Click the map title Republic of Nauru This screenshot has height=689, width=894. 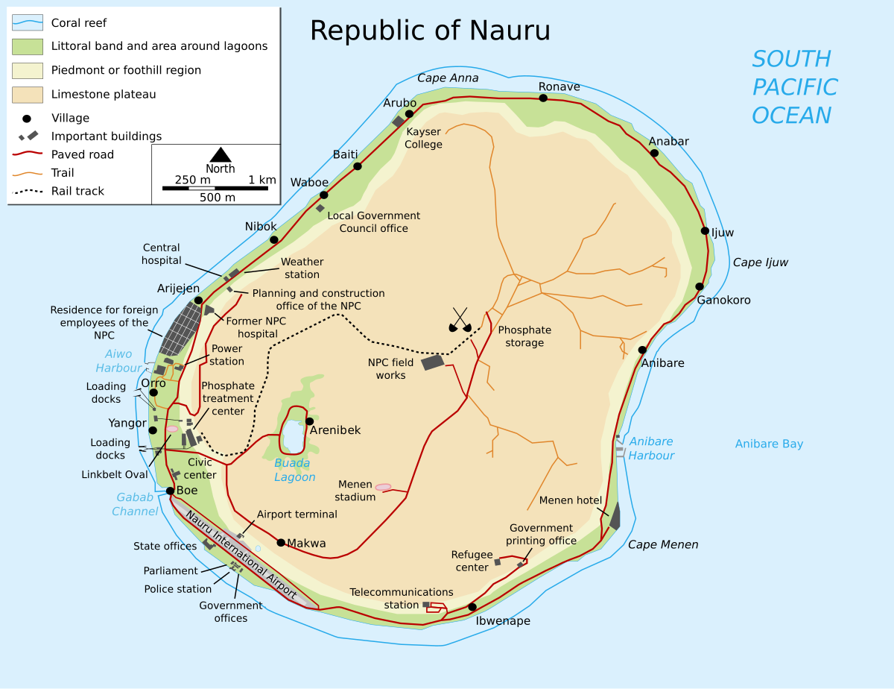430,31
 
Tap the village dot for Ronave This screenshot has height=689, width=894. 543,98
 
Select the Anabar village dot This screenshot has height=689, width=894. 654,153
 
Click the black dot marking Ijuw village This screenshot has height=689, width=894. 705,230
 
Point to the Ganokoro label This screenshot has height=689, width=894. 723,301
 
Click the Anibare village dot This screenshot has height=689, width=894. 642,350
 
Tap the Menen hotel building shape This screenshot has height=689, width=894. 615,516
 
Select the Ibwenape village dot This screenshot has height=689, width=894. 472,607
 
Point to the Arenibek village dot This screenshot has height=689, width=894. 309,421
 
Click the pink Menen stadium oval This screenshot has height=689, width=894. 383,487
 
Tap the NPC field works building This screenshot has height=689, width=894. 432,362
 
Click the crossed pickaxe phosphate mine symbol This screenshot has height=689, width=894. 460,321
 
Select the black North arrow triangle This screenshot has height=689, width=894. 220,154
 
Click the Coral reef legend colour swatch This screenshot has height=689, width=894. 28,22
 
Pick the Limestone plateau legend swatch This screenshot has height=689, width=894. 28,95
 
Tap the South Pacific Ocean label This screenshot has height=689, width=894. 793,87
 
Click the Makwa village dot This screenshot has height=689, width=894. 281,542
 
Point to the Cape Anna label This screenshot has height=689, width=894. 448,78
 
